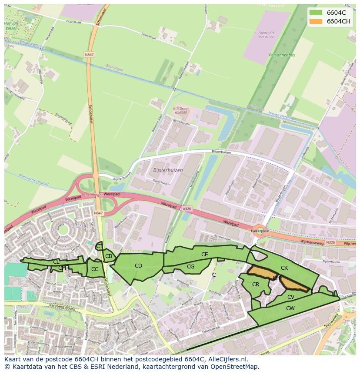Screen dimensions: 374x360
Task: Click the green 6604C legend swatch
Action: tap(316, 13)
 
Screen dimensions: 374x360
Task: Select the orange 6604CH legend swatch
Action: tap(316, 21)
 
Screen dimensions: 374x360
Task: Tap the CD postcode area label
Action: tap(138, 266)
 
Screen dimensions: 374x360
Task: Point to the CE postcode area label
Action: tap(204, 255)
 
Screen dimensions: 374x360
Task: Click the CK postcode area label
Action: tap(284, 268)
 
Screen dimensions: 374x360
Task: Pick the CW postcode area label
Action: tap(290, 308)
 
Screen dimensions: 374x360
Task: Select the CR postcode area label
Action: tap(256, 285)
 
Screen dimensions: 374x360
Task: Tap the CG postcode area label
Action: tap(190, 267)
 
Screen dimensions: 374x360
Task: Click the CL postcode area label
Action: tap(56, 262)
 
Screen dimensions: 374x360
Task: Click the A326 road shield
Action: tap(187, 209)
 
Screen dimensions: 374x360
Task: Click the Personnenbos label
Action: tap(282, 55)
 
